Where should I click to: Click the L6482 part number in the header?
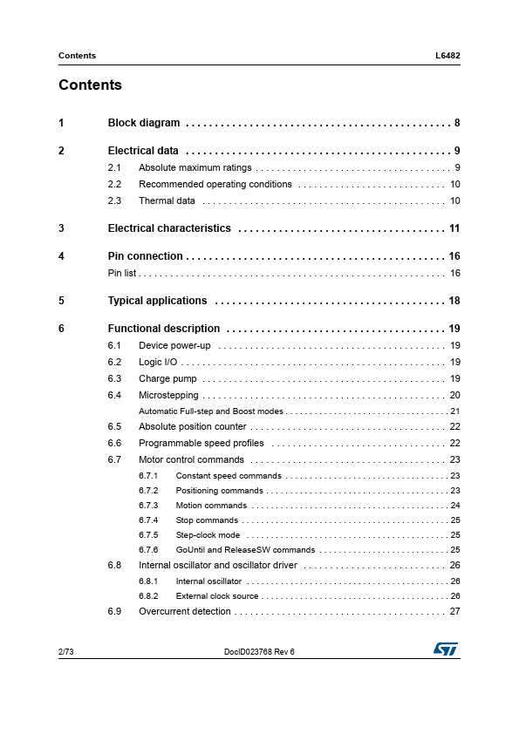point(447,56)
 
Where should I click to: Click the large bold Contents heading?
point(90,85)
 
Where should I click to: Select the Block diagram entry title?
point(143,123)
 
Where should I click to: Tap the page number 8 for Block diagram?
point(457,123)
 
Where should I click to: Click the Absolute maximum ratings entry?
point(195,167)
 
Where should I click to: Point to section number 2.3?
point(114,201)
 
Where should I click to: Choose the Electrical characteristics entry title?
point(169,228)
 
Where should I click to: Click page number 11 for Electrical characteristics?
point(454,228)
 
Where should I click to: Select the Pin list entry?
point(122,274)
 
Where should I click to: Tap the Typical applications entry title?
point(157,301)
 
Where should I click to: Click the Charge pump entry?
point(167,378)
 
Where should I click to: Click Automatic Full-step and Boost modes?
point(211,411)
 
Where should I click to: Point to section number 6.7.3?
point(148,506)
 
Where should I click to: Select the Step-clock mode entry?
point(208,535)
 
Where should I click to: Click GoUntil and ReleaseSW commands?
point(245,550)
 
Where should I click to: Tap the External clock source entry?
point(217,596)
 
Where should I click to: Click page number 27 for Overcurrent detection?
point(454,612)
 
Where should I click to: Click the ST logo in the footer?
point(446,649)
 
